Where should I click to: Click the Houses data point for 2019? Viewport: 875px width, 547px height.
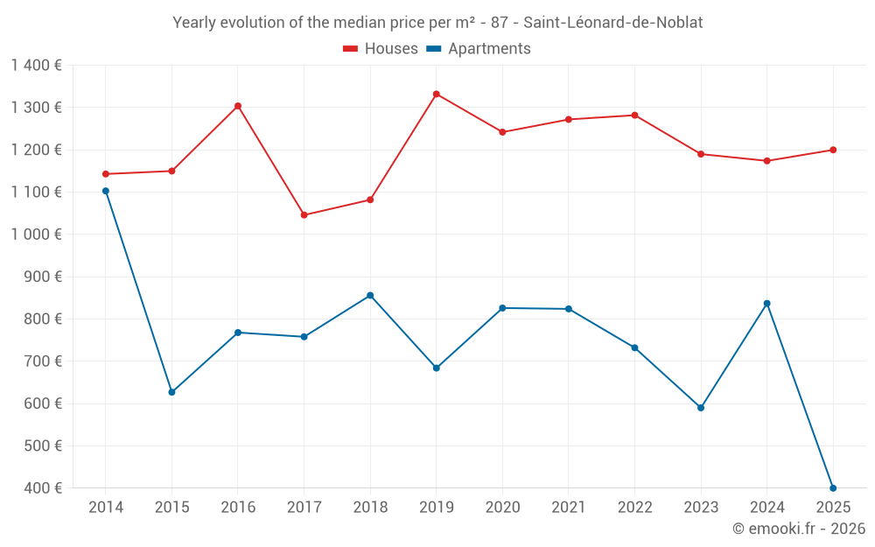pyautogui.click(x=437, y=95)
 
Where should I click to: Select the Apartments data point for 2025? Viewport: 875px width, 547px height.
pyautogui.click(x=833, y=488)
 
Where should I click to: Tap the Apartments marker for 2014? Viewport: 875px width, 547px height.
pyautogui.click(x=106, y=191)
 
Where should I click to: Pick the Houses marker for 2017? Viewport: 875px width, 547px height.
pyautogui.click(x=304, y=215)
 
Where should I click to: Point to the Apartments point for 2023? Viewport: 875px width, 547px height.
pyautogui.click(x=701, y=408)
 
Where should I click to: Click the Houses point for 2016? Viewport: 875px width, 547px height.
pyautogui.click(x=238, y=106)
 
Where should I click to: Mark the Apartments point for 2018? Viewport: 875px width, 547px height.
pyautogui.click(x=370, y=296)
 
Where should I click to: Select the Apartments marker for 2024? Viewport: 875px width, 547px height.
pyautogui.click(x=767, y=304)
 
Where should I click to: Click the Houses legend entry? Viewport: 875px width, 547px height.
pyautogui.click(x=381, y=49)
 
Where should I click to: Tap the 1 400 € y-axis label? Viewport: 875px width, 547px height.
pyautogui.click(x=37, y=66)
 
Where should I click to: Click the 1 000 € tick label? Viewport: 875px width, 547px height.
pyautogui.click(x=37, y=235)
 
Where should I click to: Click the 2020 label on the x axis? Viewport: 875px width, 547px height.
pyautogui.click(x=502, y=508)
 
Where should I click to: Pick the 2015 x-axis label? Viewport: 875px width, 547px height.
pyautogui.click(x=171, y=508)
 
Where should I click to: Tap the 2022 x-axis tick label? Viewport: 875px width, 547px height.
pyautogui.click(x=634, y=508)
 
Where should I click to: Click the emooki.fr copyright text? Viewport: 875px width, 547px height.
pyautogui.click(x=798, y=529)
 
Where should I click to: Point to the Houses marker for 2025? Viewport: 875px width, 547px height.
pyautogui.click(x=833, y=150)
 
